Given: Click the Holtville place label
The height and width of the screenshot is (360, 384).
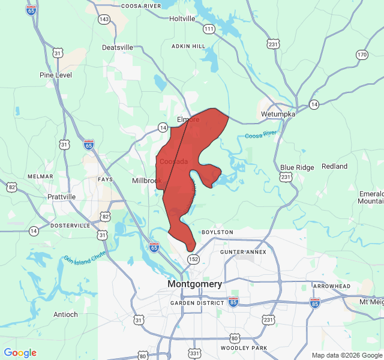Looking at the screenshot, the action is pyautogui.click(x=182, y=19).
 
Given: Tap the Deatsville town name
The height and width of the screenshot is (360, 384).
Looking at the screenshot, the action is pyautogui.click(x=118, y=47).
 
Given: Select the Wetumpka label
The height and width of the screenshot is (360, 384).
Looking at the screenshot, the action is pyautogui.click(x=274, y=114).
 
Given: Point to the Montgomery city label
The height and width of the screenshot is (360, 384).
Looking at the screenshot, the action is pyautogui.click(x=194, y=284).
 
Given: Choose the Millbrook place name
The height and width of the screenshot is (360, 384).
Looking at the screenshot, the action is pyautogui.click(x=147, y=181).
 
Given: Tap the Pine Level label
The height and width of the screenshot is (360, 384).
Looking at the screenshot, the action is pyautogui.click(x=56, y=75).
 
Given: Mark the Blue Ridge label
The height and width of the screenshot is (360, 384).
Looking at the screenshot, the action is pyautogui.click(x=297, y=167).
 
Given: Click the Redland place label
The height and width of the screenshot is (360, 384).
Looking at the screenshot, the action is pyautogui.click(x=334, y=166).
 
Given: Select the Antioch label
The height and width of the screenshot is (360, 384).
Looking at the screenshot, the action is pyautogui.click(x=65, y=314).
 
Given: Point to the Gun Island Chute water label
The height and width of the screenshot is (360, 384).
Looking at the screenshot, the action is pyautogui.click(x=85, y=257).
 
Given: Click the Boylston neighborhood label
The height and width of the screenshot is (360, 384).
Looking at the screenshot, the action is pyautogui.click(x=217, y=232).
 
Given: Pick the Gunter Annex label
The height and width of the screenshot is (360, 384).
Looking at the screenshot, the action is pyautogui.click(x=243, y=252).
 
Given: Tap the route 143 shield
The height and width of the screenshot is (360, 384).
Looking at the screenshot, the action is pyautogui.click(x=104, y=20).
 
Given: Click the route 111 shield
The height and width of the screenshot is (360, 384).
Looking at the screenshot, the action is pyautogui.click(x=209, y=29).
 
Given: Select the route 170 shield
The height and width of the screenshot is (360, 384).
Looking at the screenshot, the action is pyautogui.click(x=362, y=55).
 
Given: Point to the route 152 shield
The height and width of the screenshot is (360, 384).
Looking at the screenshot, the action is pyautogui.click(x=193, y=259).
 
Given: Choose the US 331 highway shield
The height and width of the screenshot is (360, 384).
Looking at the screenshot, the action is pyautogui.click(x=195, y=354).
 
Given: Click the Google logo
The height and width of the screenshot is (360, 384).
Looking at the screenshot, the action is pyautogui.click(x=20, y=353).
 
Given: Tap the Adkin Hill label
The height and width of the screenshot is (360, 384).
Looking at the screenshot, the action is pyautogui.click(x=188, y=46).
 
